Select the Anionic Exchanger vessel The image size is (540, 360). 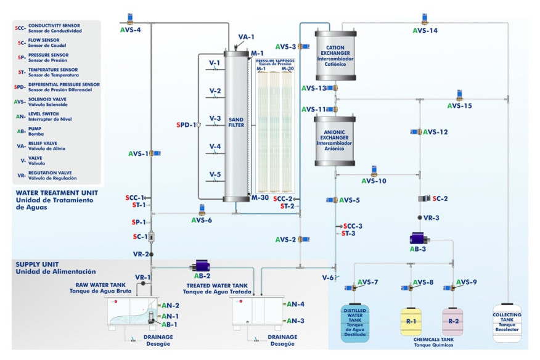tap(336, 140)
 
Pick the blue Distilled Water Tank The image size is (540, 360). tap(354, 323)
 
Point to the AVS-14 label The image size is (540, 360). tap(425, 30)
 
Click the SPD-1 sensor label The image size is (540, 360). tap(186, 125)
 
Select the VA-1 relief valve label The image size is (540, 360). tap(246, 37)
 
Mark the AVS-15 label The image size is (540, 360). tap(459, 106)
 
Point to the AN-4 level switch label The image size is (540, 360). tap(294, 304)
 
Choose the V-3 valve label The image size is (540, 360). tap(215, 118)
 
